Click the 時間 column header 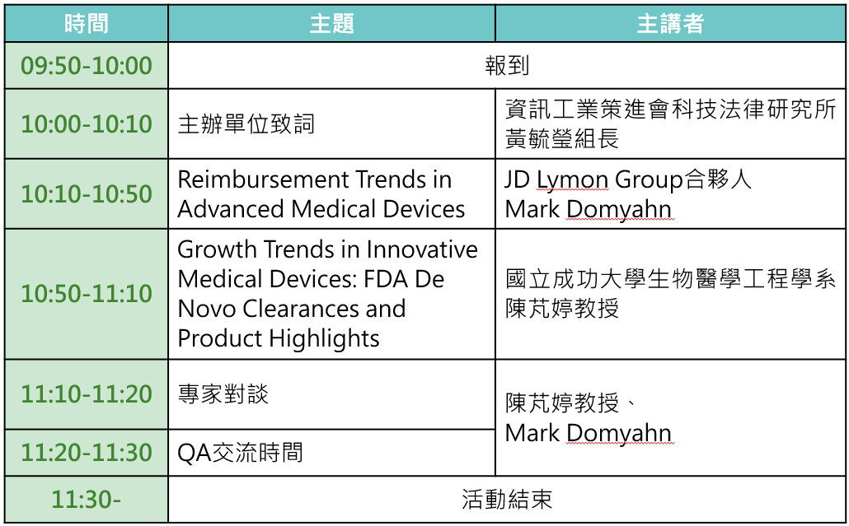tap(86, 24)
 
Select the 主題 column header tap(331, 24)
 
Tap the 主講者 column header tap(670, 24)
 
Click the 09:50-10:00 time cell tap(86, 66)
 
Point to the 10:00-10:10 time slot tap(86, 123)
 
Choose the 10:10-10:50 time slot tap(86, 194)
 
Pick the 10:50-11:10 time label tap(86, 294)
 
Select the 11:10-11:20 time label tap(86, 394)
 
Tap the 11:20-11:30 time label tap(86, 453)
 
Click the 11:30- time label tap(86, 500)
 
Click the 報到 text tap(507, 65)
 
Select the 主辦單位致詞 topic tap(246, 123)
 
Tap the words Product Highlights tap(279, 339)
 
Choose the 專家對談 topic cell tap(223, 394)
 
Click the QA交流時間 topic tap(240, 453)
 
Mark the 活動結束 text tap(507, 499)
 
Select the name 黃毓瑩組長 tap(562, 138)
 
